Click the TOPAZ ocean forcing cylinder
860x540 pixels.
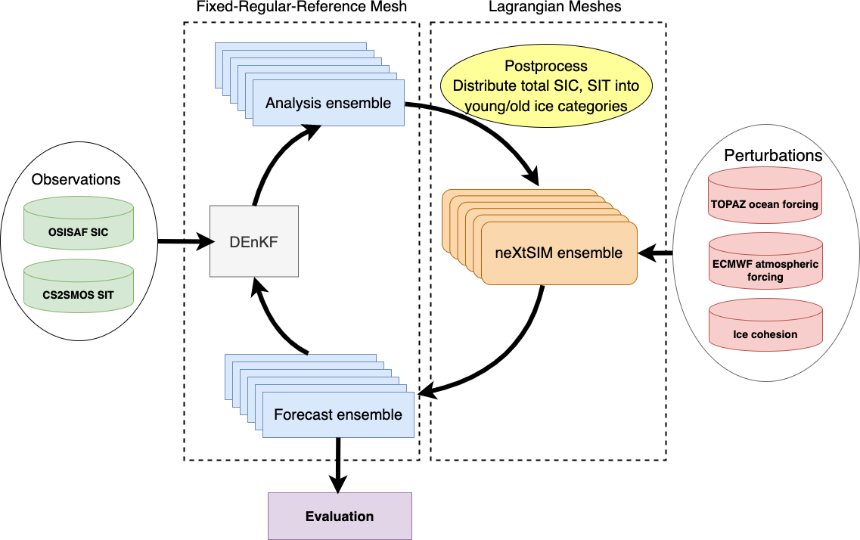click(765, 197)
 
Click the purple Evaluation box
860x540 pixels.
click(340, 517)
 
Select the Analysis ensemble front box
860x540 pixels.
click(328, 103)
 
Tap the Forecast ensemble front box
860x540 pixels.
click(337, 414)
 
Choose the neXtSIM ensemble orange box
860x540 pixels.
click(558, 253)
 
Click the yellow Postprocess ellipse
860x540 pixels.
click(545, 85)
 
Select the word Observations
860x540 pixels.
click(76, 179)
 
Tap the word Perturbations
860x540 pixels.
click(773, 156)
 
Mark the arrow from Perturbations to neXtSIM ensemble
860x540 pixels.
click(655, 253)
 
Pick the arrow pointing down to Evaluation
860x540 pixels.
click(337, 465)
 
